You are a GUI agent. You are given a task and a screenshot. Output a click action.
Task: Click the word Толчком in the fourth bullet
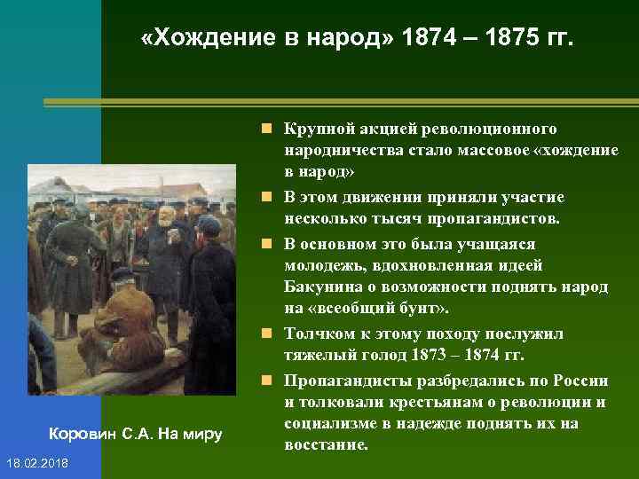click(x=315, y=334)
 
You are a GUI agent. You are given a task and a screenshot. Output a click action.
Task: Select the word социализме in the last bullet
click(x=327, y=424)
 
